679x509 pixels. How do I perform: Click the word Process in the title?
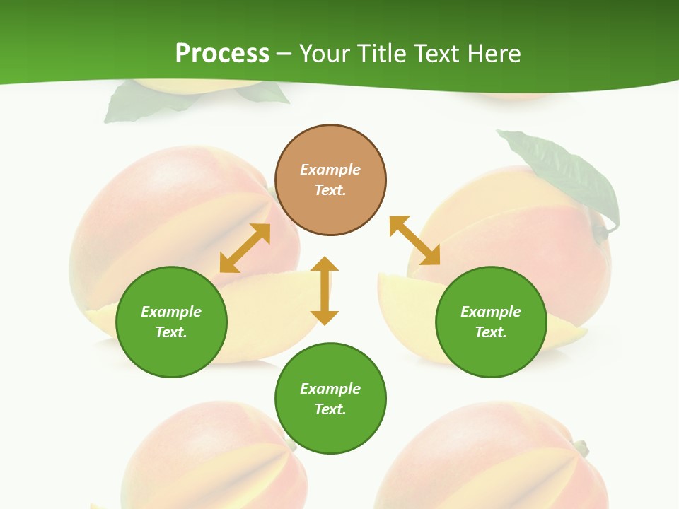coord(222,54)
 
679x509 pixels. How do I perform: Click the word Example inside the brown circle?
coord(330,170)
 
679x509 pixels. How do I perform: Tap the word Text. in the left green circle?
coord(171,332)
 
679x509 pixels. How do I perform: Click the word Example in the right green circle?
coord(491,312)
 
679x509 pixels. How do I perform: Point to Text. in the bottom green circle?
coord(330,409)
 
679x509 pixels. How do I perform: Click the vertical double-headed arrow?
coord(325,291)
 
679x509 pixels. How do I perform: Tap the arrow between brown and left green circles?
coord(245,248)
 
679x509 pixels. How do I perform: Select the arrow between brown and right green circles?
coord(415,241)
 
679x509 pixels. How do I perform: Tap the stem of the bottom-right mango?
coord(580,447)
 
